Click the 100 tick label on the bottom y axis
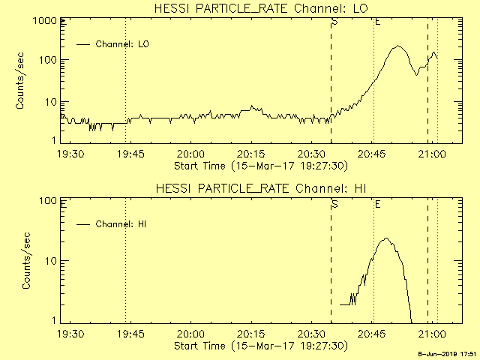[48, 201]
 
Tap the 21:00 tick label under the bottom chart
[432, 334]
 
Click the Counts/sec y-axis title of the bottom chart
[26, 261]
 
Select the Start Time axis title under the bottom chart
[259, 346]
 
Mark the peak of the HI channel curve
[385, 238]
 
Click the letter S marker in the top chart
[334, 22]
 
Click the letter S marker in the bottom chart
[334, 204]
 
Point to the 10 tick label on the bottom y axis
[51, 261]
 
